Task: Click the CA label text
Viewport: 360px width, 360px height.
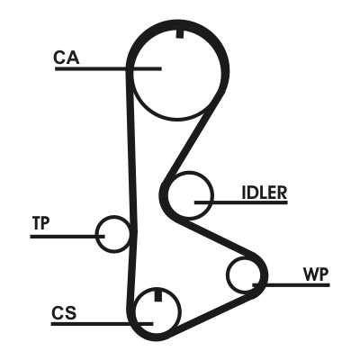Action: [x=67, y=58]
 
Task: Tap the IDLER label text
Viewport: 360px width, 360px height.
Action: [x=264, y=193]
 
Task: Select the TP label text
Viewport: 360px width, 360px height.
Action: [x=41, y=223]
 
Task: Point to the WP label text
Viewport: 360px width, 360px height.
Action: [x=316, y=274]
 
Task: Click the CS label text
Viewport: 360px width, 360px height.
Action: [x=64, y=313]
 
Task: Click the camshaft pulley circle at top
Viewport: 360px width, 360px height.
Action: [x=177, y=120]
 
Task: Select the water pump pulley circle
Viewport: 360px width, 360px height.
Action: [x=228, y=274]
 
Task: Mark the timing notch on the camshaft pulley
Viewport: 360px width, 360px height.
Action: [x=180, y=34]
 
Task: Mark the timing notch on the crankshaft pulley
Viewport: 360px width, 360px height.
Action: [x=157, y=295]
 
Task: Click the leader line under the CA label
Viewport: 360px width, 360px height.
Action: [x=108, y=69]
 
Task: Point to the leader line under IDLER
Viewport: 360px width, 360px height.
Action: [x=241, y=202]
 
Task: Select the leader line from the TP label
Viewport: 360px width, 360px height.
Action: [x=67, y=237]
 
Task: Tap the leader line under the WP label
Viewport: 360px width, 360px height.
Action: [x=291, y=284]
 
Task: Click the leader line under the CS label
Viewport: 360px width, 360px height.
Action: [x=103, y=324]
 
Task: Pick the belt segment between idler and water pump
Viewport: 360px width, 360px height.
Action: [x=218, y=237]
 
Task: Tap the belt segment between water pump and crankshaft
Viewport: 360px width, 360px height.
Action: [x=214, y=313]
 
